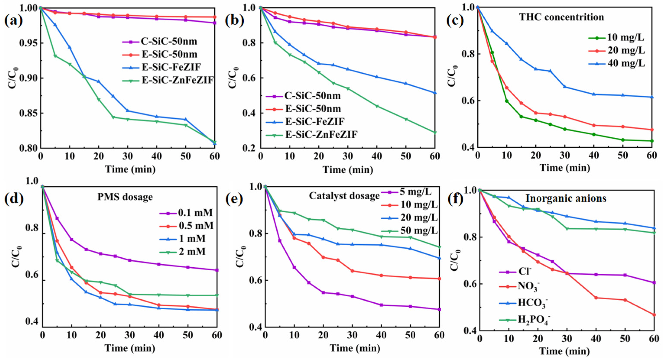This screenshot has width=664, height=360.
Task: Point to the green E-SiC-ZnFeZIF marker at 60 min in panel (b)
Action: (435, 133)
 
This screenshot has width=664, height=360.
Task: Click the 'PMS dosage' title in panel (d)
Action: (125, 197)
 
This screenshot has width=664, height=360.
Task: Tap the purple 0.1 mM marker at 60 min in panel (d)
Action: (217, 270)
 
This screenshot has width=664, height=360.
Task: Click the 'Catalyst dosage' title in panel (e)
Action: (344, 196)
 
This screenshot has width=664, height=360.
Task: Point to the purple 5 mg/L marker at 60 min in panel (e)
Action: (439, 309)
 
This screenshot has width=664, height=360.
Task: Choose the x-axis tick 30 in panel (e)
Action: (352, 335)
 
